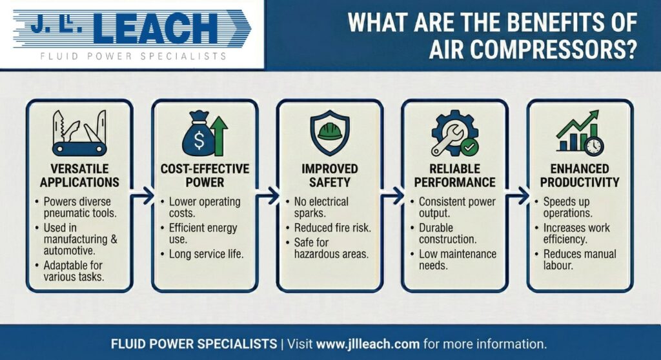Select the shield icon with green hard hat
(x=330, y=133)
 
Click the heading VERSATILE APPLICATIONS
(x=79, y=175)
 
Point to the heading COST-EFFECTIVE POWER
(x=205, y=175)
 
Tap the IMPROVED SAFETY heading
(x=330, y=175)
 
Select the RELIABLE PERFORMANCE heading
(x=455, y=175)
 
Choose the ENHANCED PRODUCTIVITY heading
(x=580, y=175)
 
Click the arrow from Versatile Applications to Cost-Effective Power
(x=143, y=195)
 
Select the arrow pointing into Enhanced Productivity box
(x=518, y=195)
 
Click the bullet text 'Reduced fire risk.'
(x=332, y=228)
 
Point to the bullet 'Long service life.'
(x=206, y=254)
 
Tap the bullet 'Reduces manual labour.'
(x=580, y=259)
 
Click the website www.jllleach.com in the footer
(x=367, y=344)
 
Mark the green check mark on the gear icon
(x=469, y=147)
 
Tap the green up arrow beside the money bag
(x=219, y=135)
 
